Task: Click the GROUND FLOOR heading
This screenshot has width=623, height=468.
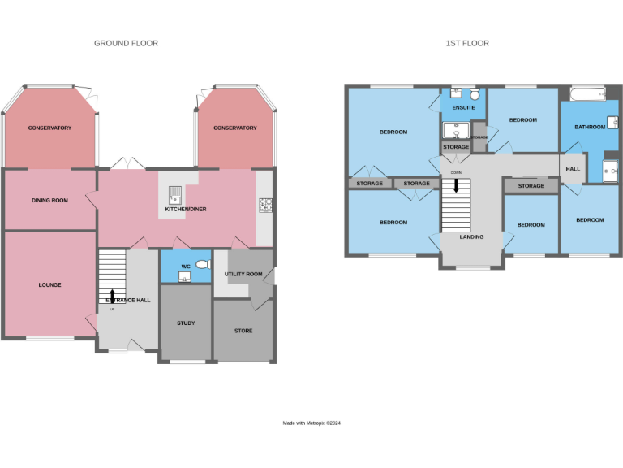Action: [126, 43]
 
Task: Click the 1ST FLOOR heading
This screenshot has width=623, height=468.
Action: [467, 43]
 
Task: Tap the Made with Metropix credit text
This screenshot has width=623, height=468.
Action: [311, 422]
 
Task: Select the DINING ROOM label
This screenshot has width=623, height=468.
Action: [49, 200]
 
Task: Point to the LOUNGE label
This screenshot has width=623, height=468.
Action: [49, 284]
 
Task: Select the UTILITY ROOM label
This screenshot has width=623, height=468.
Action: [243, 275]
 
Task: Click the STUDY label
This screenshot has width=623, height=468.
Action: [186, 323]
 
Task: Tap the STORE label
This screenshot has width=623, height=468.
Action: [243, 331]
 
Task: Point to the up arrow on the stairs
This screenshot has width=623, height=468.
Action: [112, 296]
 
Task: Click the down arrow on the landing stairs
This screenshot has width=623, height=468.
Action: [456, 186]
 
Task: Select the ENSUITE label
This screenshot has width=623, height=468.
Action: [463, 106]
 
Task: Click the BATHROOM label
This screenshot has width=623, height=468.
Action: [590, 127]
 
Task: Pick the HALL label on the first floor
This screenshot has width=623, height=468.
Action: [573, 168]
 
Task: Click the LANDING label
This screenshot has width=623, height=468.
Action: [471, 237]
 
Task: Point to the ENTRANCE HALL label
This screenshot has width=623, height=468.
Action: [128, 300]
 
